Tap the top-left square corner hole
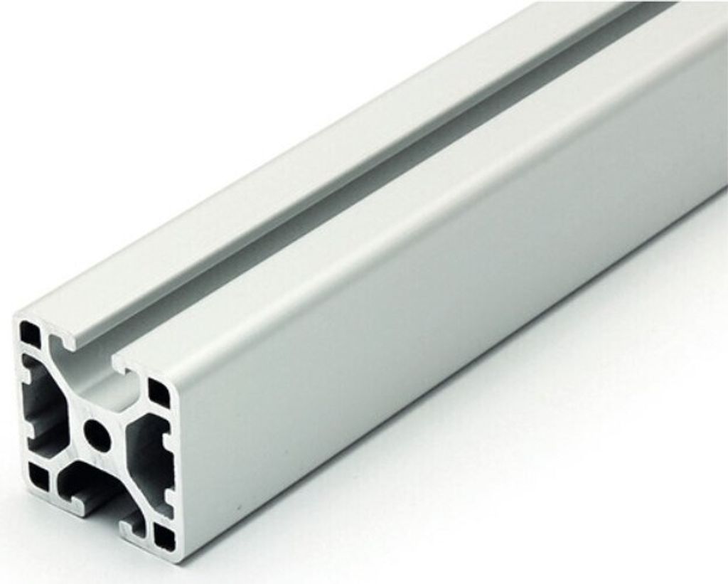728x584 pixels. [30, 334]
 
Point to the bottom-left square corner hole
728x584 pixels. [38, 477]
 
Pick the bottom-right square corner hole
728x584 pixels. [164, 538]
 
